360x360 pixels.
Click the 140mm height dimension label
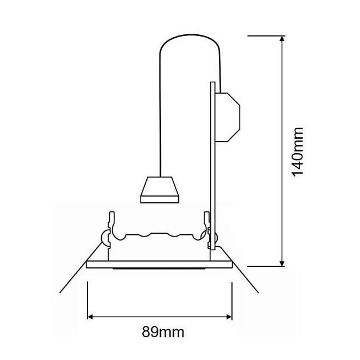point(298,152)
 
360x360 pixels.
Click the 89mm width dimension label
point(163,332)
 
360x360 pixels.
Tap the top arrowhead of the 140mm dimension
point(282,39)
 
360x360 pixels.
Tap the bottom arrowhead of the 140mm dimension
point(282,263)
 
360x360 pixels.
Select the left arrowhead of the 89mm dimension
point(90,317)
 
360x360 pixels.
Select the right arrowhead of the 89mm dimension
point(229,317)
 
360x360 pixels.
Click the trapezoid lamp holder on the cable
point(159,190)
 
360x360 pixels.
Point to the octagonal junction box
point(227,117)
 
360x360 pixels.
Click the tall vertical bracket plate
point(213,166)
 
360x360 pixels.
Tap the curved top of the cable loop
point(190,35)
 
